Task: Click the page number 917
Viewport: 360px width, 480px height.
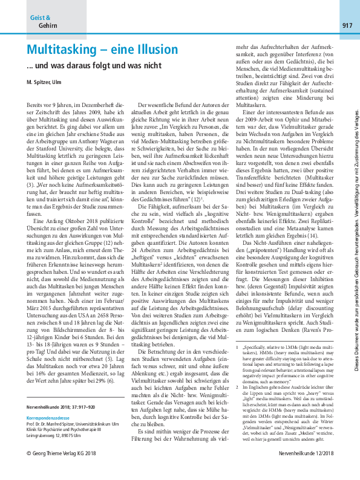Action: click(x=347, y=25)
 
